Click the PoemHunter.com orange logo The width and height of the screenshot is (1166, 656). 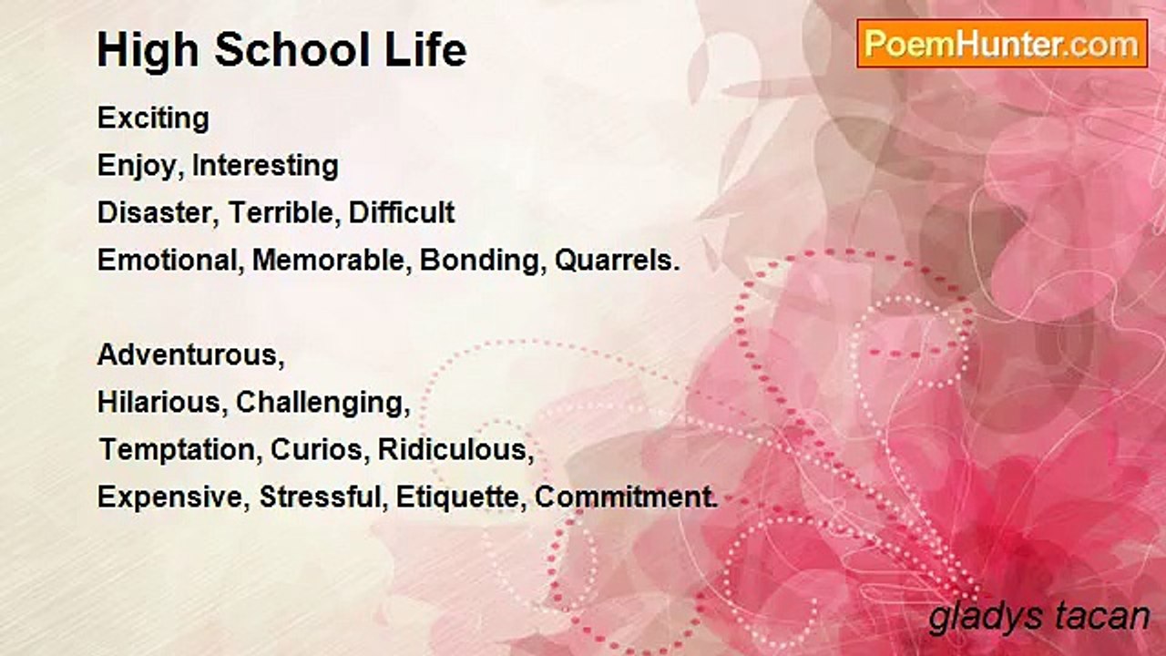pyautogui.click(x=1002, y=44)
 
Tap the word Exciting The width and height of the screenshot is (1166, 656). pyautogui.click(x=154, y=118)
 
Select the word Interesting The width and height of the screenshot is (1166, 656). pyautogui.click(x=265, y=166)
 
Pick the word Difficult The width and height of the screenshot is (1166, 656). pyautogui.click(x=402, y=212)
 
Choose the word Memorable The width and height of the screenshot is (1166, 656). pyautogui.click(x=329, y=260)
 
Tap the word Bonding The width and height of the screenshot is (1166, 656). pyautogui.click(x=479, y=261)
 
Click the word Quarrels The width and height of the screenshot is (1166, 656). pyautogui.click(x=618, y=260)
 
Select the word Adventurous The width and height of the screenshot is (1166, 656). pyautogui.click(x=191, y=355)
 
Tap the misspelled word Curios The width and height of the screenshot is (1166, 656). pyautogui.click(x=317, y=449)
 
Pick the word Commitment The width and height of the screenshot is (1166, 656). pyautogui.click(x=626, y=497)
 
